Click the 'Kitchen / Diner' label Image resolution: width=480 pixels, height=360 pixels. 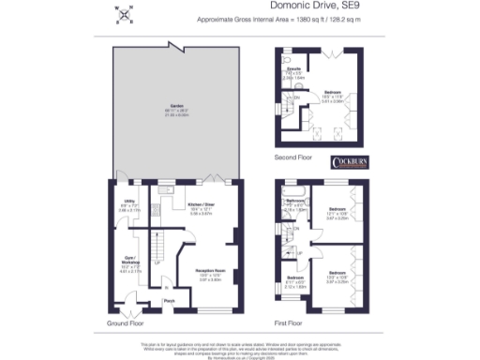click(x=202, y=205)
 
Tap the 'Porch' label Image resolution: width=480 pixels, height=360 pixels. click(x=170, y=300)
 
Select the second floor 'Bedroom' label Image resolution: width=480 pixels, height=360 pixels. click(x=334, y=93)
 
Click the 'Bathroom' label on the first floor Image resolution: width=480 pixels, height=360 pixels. click(x=295, y=203)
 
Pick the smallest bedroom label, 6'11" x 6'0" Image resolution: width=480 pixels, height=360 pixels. click(x=294, y=278)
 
